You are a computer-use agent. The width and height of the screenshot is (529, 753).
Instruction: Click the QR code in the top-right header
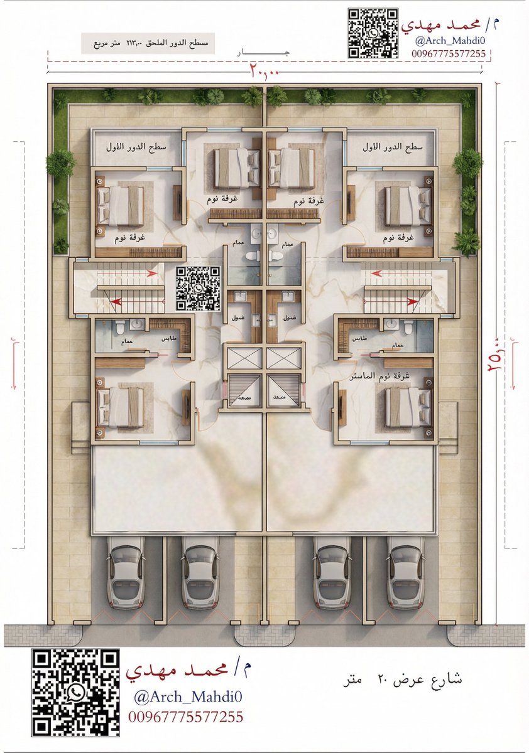click(x=373, y=33)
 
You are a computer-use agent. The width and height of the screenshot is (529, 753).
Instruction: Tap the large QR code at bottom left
click(x=75, y=692)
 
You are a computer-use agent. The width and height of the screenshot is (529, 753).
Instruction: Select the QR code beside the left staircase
click(x=199, y=289)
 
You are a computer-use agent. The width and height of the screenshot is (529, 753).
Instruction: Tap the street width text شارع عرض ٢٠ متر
click(x=403, y=680)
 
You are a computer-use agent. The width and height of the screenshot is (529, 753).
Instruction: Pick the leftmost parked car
click(x=125, y=577)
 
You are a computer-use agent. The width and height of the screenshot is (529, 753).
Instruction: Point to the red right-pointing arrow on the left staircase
click(x=151, y=274)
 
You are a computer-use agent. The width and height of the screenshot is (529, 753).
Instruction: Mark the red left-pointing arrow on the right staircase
click(x=378, y=274)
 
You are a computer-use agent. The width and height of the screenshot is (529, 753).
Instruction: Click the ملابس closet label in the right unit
click(x=359, y=338)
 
